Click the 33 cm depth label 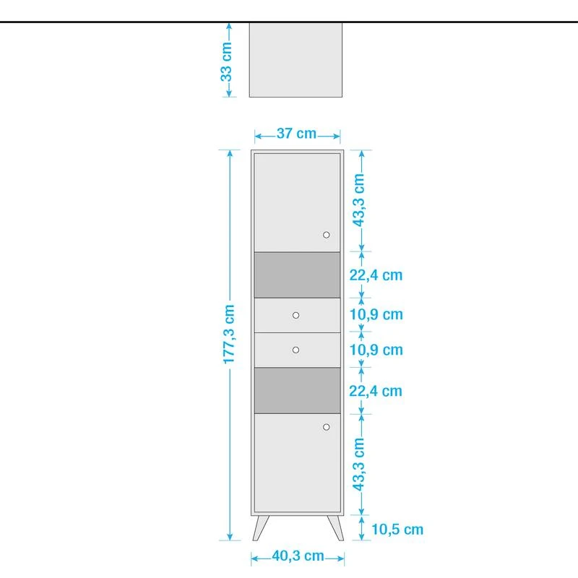227,59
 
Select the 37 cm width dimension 296,134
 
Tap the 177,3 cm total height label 229,343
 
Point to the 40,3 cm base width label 298,556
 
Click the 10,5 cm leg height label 397,530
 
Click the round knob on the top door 327,235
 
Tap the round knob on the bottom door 327,427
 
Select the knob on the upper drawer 296,315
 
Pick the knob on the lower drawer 296,350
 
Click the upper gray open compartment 296,275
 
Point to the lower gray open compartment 296,390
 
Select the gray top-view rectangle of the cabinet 295,59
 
